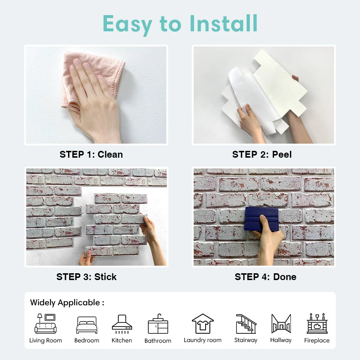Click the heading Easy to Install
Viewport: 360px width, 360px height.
click(x=180, y=24)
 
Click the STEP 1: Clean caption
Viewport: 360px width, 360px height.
click(x=91, y=154)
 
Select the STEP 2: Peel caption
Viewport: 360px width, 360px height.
click(x=262, y=154)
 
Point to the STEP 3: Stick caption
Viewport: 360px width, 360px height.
click(x=86, y=277)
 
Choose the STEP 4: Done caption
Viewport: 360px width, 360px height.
click(x=265, y=277)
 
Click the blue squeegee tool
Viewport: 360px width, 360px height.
click(x=262, y=218)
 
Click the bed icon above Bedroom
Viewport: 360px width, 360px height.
click(x=86, y=325)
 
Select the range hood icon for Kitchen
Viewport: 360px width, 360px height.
click(x=122, y=323)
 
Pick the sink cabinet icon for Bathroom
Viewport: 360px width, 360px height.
click(x=158, y=324)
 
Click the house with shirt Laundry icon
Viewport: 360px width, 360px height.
click(x=203, y=324)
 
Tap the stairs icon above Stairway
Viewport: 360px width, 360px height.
click(x=246, y=324)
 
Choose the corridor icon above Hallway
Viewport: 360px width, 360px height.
click(x=281, y=324)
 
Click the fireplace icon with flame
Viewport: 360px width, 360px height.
click(x=317, y=324)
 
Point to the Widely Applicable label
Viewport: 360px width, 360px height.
click(x=67, y=302)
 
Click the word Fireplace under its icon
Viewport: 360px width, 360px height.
click(x=317, y=341)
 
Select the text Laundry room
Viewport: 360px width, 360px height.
click(x=203, y=340)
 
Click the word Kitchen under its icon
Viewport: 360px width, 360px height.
click(x=122, y=341)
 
